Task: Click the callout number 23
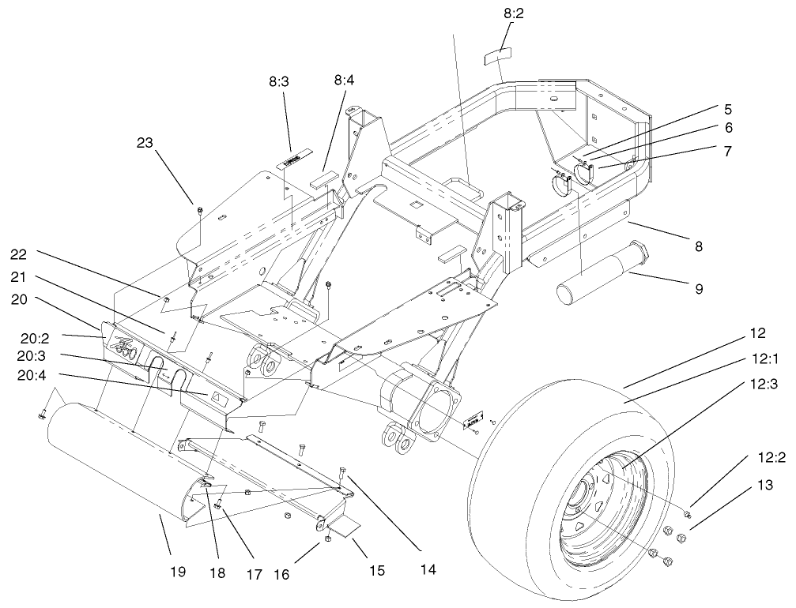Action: [x=144, y=143]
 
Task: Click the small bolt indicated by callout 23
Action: [x=199, y=209]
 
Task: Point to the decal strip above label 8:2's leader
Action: [x=496, y=57]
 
